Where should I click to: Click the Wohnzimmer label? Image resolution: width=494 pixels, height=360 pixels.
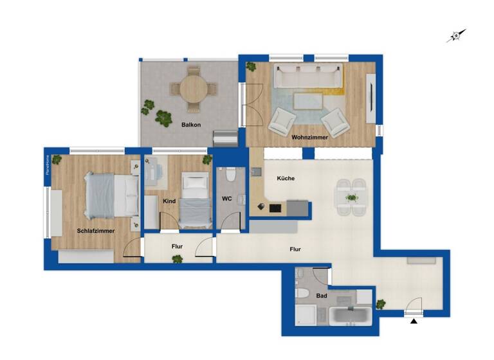pos(309,137)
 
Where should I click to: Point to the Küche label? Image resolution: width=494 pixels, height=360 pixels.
pos(286,178)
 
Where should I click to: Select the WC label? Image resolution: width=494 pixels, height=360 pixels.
pos(227,199)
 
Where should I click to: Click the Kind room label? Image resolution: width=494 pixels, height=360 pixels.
pos(169,201)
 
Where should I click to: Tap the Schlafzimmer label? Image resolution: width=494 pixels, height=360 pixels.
pos(95,230)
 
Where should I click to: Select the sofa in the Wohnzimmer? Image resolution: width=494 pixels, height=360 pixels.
pos(307,76)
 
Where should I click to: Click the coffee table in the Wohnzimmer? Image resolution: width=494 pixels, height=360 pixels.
pos(309,100)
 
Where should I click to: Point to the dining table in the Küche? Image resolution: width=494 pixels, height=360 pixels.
pos(351,197)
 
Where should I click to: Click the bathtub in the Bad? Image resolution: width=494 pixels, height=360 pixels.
pos(351,316)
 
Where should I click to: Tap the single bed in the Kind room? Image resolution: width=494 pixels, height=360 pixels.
pos(194,200)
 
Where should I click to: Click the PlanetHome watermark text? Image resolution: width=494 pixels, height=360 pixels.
pos(47,166)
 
